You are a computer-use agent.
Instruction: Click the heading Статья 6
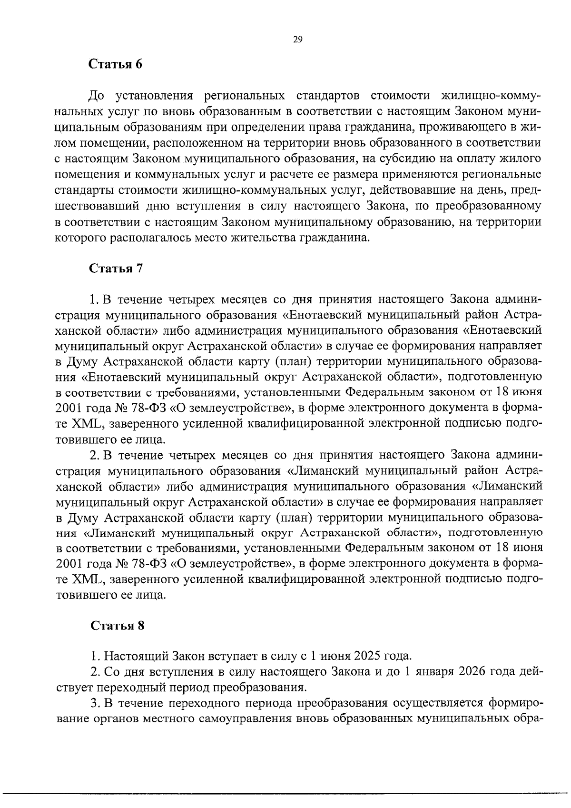click(x=116, y=64)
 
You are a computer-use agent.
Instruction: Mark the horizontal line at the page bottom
click(x=285, y=793)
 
